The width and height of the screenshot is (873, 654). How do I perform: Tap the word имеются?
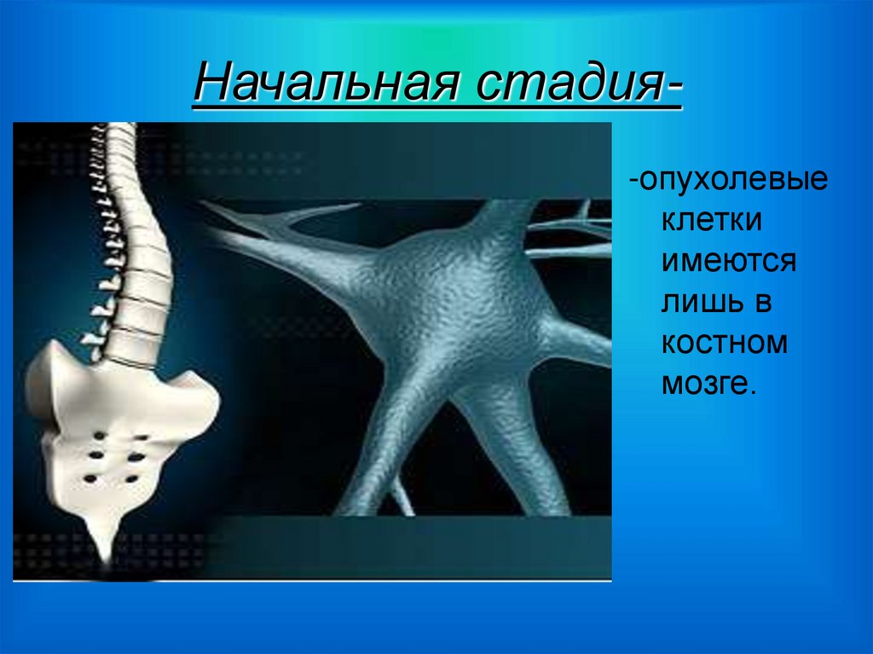729,261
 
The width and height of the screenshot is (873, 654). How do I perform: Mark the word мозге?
704,383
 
